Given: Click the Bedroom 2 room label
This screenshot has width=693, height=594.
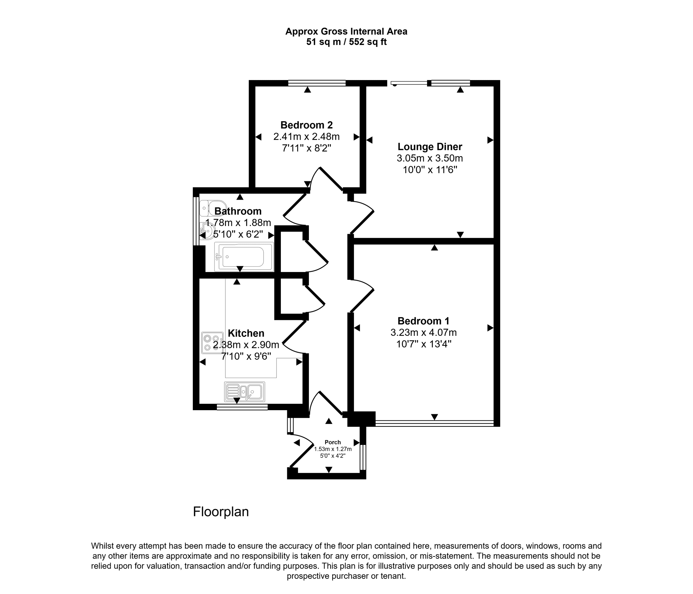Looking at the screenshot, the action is tap(307, 125).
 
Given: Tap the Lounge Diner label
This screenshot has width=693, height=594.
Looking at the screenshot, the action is tap(430, 147).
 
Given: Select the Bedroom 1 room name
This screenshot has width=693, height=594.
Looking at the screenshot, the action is tap(424, 321).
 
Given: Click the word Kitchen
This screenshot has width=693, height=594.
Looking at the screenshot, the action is tap(246, 333).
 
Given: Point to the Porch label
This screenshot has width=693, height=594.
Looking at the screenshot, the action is tap(333, 442).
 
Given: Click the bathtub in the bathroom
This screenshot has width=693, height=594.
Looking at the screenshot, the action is tap(244, 257).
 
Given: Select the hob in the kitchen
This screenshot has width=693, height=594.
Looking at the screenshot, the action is tap(213, 343).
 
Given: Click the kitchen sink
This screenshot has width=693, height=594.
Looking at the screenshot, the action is tap(245, 392).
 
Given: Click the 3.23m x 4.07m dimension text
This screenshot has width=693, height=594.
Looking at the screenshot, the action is tap(424, 333).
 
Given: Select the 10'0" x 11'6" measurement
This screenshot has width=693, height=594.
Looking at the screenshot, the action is tap(430, 170).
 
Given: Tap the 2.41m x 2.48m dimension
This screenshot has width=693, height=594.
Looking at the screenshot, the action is tap(307, 137).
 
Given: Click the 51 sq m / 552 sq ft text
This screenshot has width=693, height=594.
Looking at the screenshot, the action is tap(346, 42).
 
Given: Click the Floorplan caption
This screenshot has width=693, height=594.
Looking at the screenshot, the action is tap(221, 512).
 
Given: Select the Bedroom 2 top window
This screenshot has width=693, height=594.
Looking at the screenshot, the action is tap(317, 83).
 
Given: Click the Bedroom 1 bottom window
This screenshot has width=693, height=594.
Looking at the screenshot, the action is tap(434, 423).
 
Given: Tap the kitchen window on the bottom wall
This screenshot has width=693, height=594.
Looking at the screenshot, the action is tap(242, 407).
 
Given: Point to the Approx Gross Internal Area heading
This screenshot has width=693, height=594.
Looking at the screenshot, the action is tap(346, 32).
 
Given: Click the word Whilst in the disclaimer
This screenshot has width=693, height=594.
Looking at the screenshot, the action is tap(103, 546).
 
